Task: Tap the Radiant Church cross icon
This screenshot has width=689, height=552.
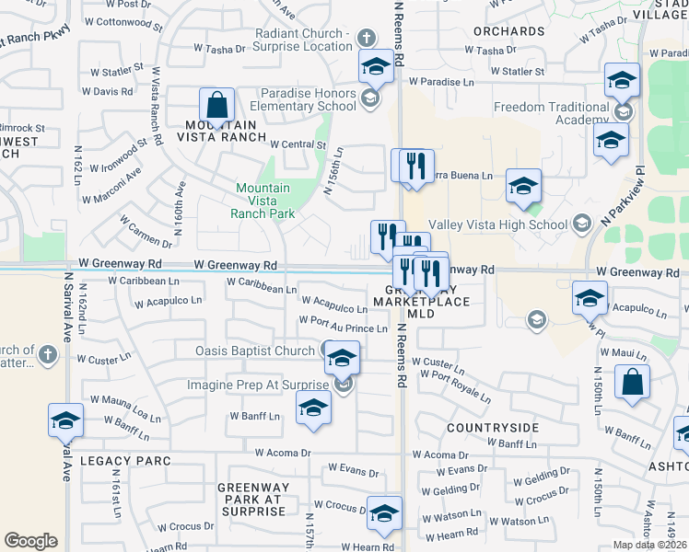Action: pos(367,38)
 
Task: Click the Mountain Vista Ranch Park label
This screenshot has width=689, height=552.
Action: pos(263,201)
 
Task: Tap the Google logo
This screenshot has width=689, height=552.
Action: pos(30,541)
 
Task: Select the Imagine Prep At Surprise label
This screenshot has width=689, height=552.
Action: pos(260,385)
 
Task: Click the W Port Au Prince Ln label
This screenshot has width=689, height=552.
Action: pos(343,328)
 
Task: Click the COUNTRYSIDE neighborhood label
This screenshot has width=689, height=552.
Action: pos(493,428)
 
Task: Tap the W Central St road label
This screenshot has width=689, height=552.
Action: pos(298,144)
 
